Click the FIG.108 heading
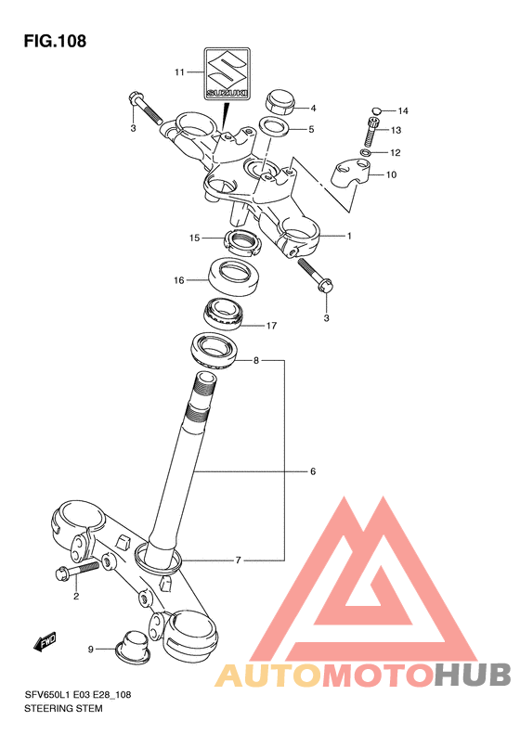55,41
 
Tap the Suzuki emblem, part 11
227,73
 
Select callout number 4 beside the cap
314,109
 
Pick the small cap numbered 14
376,110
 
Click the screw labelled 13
370,131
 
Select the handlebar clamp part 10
351,174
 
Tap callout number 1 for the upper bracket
349,237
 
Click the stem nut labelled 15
243,242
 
